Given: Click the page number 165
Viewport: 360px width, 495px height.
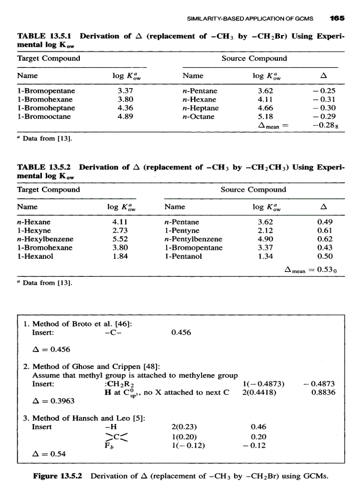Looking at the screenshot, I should click(x=337, y=19).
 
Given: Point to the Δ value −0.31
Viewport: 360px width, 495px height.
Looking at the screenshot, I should click(x=326, y=100).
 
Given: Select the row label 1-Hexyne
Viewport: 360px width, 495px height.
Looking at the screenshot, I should click(x=34, y=231).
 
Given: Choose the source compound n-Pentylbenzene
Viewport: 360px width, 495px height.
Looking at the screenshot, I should click(x=193, y=239).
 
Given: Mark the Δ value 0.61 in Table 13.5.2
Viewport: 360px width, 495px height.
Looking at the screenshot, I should click(x=324, y=231).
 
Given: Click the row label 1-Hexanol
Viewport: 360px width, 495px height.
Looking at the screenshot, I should click(x=35, y=256).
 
